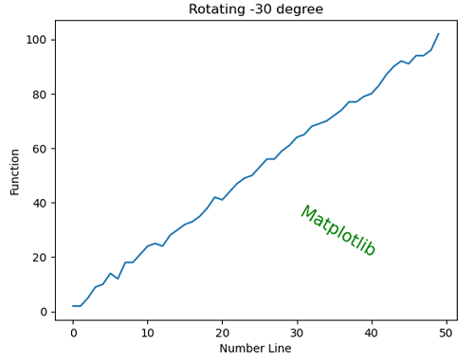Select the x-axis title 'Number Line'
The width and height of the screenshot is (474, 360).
pyautogui.click(x=255, y=349)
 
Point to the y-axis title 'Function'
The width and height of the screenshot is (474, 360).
pyautogui.click(x=15, y=171)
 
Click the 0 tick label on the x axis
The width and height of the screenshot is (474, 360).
pyautogui.click(x=73, y=332)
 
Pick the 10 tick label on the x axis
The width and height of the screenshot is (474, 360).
pyautogui.click(x=147, y=332)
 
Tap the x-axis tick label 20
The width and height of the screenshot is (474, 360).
pyautogui.click(x=222, y=332)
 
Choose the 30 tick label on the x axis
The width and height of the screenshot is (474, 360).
pyautogui.click(x=297, y=332)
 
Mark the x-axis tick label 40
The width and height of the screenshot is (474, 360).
pyautogui.click(x=371, y=332)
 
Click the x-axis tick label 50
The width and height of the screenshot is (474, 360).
pyautogui.click(x=446, y=332)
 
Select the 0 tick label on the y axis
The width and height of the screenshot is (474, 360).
pyautogui.click(x=44, y=312)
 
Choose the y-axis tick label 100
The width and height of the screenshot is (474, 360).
pyautogui.click(x=37, y=40)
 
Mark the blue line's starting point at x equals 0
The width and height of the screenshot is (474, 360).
pyautogui.click(x=73, y=306)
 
